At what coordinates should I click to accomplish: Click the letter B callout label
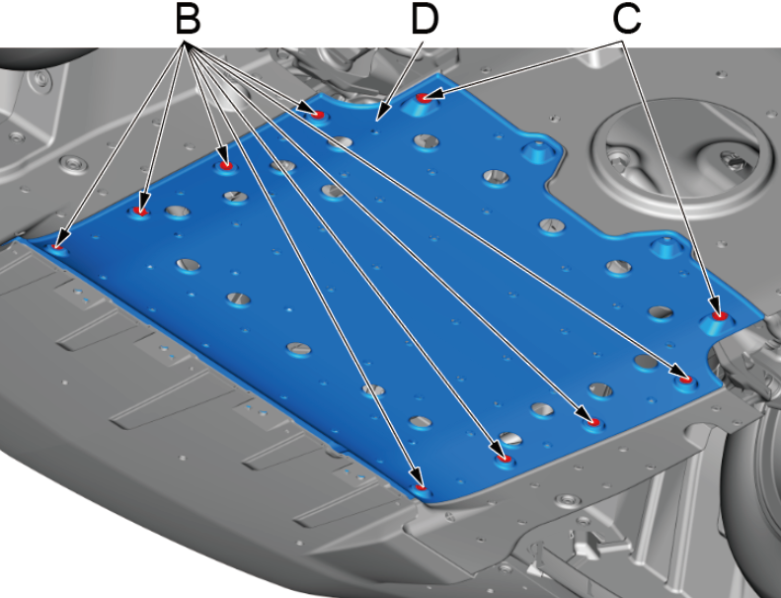pos(188,21)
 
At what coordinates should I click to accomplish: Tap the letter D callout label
pos(425,21)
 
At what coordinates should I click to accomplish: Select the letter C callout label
pos(627,21)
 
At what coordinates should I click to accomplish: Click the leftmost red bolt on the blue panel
pos(57,247)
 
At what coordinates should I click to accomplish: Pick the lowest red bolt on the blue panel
pos(422,487)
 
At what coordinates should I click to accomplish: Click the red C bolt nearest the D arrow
pos(424,98)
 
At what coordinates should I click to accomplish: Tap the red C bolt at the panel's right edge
pos(718,315)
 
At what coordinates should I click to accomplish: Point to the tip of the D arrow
pos(377,121)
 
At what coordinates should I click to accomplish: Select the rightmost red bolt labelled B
pos(686,380)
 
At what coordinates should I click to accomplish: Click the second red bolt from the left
pos(140,212)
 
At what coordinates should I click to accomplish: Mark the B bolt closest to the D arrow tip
pos(317,116)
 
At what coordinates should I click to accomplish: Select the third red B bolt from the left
pos(227,165)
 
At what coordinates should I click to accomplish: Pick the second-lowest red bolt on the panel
pos(505,459)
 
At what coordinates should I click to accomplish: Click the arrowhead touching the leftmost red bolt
pos(61,238)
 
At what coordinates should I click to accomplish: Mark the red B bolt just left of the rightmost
pos(593,422)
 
